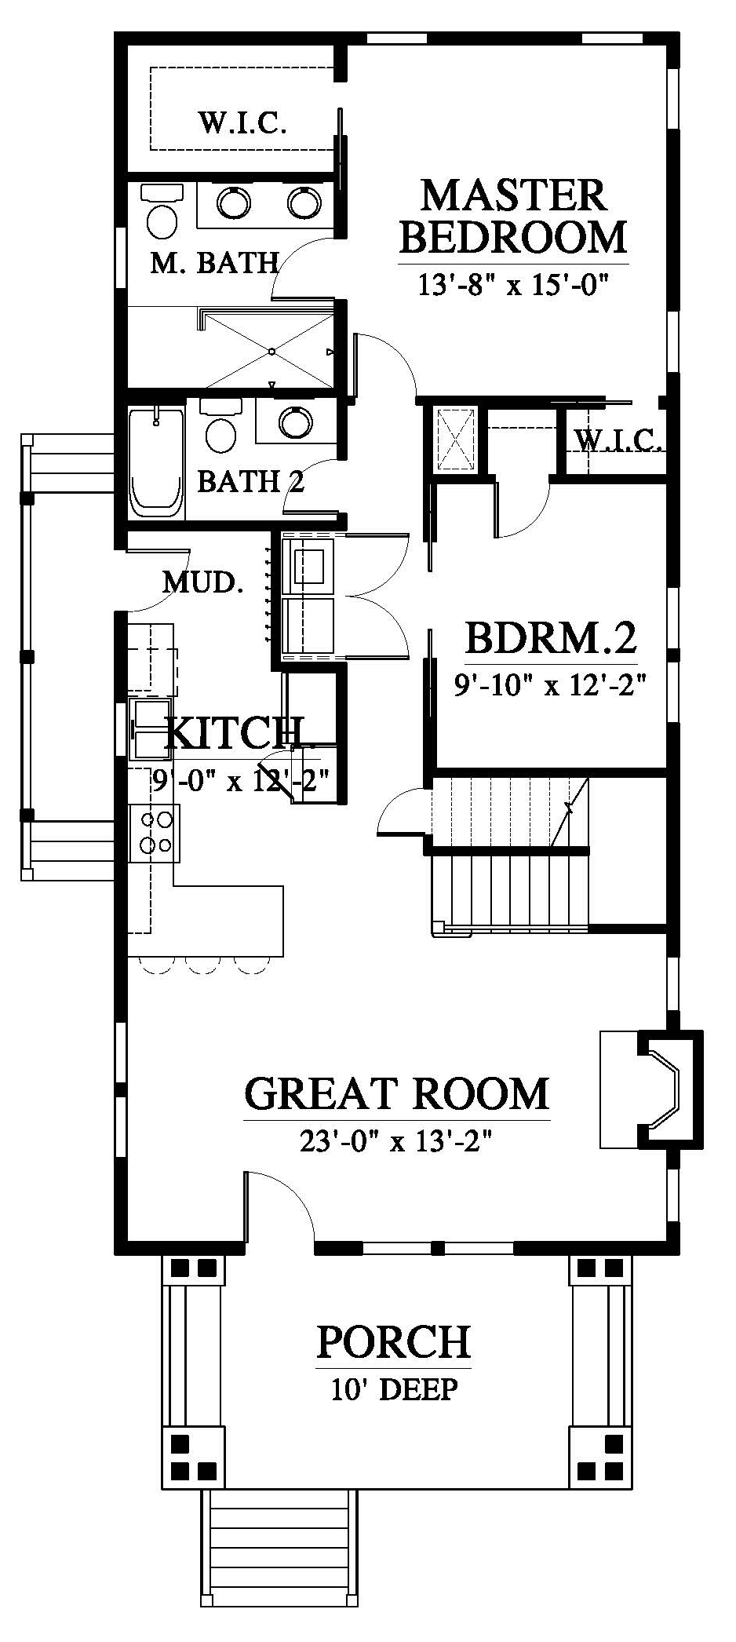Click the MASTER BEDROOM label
[x=514, y=216]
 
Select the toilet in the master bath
[x=162, y=212]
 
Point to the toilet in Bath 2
[x=220, y=424]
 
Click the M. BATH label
[x=214, y=262]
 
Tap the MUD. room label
[x=201, y=582]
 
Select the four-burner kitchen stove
[x=155, y=832]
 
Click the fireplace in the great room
[x=651, y=1088]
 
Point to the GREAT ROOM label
[x=397, y=1093]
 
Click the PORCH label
[x=394, y=1343]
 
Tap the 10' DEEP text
[x=394, y=1389]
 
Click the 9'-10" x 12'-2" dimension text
[x=550, y=685]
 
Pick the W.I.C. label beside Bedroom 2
[x=619, y=441]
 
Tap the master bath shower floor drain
[x=271, y=349]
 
